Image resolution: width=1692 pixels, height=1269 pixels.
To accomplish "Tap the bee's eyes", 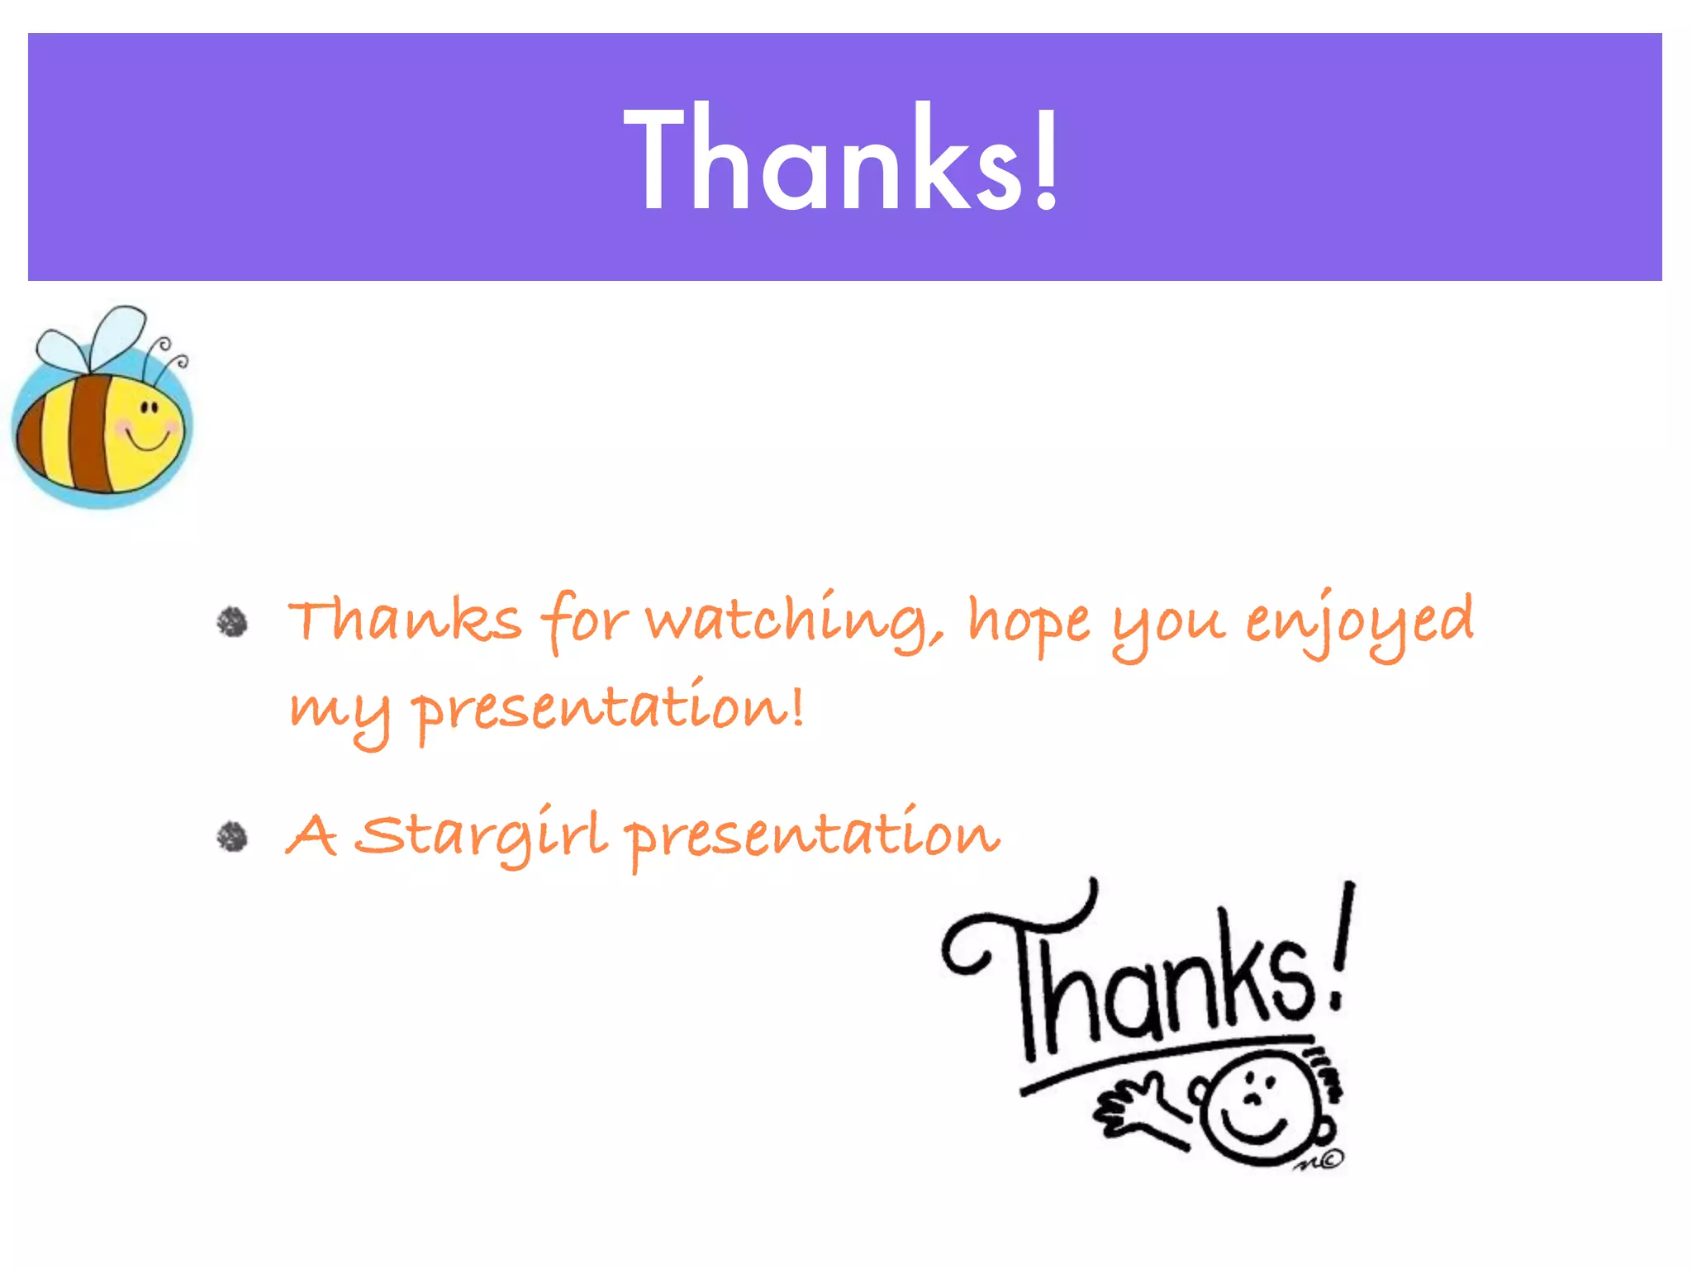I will click(x=149, y=407).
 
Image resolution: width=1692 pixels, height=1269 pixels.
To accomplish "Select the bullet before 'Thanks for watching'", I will click(x=232, y=622).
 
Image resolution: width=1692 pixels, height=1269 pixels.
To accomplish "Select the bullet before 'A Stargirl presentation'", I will click(x=232, y=836).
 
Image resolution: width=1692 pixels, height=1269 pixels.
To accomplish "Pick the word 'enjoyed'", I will click(x=1359, y=621).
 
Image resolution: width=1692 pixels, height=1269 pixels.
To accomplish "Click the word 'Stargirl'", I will click(x=483, y=834).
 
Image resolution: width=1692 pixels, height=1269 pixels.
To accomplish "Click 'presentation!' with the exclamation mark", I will click(x=607, y=709).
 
